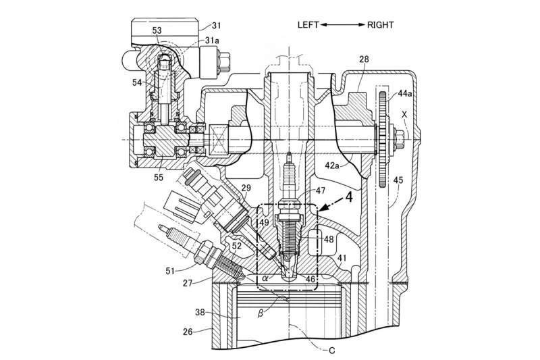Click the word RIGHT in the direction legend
(x=382, y=25)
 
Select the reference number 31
(x=216, y=26)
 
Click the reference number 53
(x=157, y=30)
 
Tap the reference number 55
(x=159, y=177)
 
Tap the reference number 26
(x=191, y=332)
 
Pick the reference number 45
(x=398, y=180)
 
